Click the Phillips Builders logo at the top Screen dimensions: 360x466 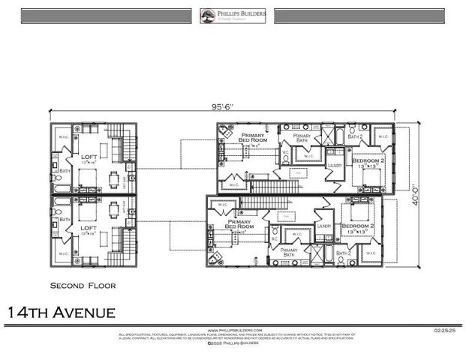pyautogui.click(x=233, y=16)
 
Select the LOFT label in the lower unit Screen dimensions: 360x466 pyautogui.click(x=89, y=227)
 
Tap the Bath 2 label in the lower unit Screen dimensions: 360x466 pyautogui.click(x=344, y=253)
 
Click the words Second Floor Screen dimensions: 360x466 pyautogui.click(x=83, y=286)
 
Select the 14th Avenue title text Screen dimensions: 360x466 pyautogui.click(x=62, y=311)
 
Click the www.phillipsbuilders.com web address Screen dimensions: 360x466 pyautogui.click(x=234, y=329)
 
